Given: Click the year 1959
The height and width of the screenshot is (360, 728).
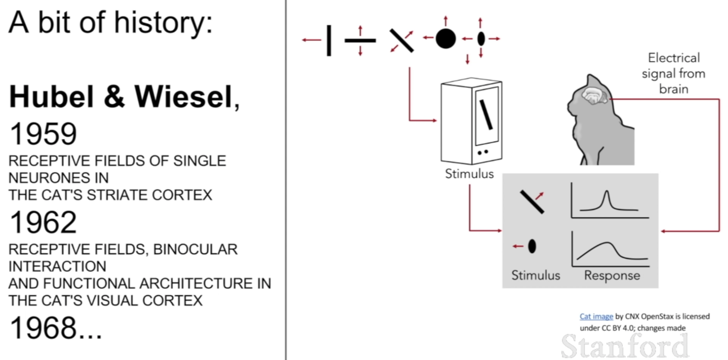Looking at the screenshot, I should click(x=43, y=134).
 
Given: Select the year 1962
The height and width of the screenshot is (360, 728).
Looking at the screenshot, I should click(x=43, y=222).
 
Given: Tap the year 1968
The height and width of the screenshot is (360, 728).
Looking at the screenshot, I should click(x=43, y=328).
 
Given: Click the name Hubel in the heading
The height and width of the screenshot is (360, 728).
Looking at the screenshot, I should click(x=51, y=97).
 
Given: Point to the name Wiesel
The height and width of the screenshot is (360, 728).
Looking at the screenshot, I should click(x=184, y=97).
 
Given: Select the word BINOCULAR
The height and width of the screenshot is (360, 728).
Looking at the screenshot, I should click(x=195, y=249).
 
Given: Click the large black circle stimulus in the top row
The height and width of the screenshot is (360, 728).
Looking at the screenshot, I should click(x=446, y=38).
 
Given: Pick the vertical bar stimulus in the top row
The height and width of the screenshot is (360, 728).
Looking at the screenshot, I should click(x=329, y=40).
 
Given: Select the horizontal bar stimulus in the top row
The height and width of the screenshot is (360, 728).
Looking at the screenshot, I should click(x=360, y=40).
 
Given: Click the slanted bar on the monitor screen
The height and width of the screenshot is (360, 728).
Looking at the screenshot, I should click(x=486, y=115).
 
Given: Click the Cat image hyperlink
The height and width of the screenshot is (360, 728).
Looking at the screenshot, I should click(x=596, y=316).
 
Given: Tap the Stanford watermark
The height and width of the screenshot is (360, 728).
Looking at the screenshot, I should click(x=624, y=345).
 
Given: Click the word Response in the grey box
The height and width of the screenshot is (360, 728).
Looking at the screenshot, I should click(x=612, y=275).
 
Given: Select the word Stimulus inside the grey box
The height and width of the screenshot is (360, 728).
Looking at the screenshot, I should click(x=535, y=275).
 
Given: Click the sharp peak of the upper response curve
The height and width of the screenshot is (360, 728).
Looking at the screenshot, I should click(x=606, y=192).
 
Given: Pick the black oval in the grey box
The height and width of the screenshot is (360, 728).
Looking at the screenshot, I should click(x=532, y=246).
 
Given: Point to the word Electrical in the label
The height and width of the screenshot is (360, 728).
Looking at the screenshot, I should click(x=673, y=58).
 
